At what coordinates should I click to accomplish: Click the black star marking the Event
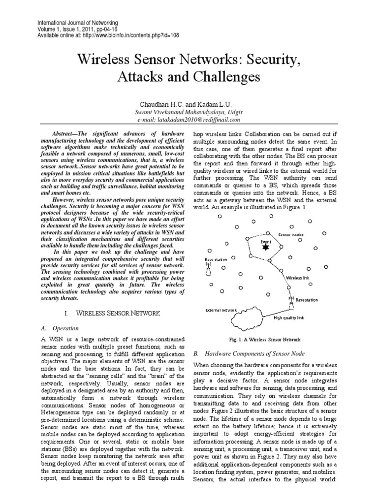tap(266, 247)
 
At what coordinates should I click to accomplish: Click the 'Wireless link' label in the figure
tap(298, 278)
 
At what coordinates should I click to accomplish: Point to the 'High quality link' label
tap(289, 318)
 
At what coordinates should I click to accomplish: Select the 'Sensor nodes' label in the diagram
tap(291, 235)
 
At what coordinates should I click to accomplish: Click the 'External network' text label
tap(221, 310)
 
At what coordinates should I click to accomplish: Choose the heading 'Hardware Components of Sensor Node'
tap(254, 353)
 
